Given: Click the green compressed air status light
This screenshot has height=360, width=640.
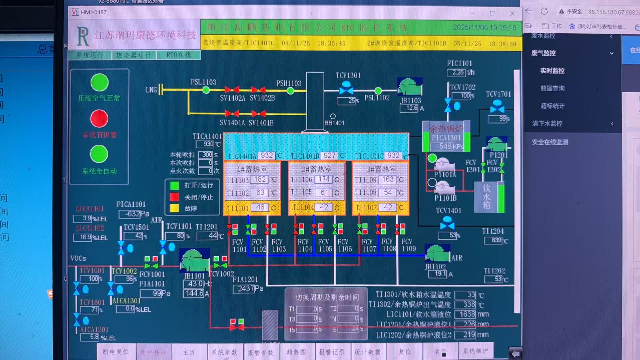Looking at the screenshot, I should [x=99, y=82].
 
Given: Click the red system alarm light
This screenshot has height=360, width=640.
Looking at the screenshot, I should [x=99, y=119].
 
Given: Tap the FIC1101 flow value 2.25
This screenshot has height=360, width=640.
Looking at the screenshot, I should [x=457, y=72].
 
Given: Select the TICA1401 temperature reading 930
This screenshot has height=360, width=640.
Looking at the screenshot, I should [x=208, y=144].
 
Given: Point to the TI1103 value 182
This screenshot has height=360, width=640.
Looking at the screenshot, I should [x=260, y=179].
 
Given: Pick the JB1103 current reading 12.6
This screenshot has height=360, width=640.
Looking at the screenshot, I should [x=411, y=108].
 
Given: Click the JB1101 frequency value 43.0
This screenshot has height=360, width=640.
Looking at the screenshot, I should [x=195, y=284].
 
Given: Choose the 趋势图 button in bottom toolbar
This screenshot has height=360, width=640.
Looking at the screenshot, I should [x=296, y=352].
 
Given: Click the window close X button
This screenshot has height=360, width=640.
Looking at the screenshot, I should [x=512, y=13].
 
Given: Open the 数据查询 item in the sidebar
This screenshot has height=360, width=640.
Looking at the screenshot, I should [x=552, y=88].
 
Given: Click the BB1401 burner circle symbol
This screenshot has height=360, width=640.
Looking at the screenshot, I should [x=333, y=116].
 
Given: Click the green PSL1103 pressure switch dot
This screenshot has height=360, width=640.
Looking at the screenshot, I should [x=206, y=90].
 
